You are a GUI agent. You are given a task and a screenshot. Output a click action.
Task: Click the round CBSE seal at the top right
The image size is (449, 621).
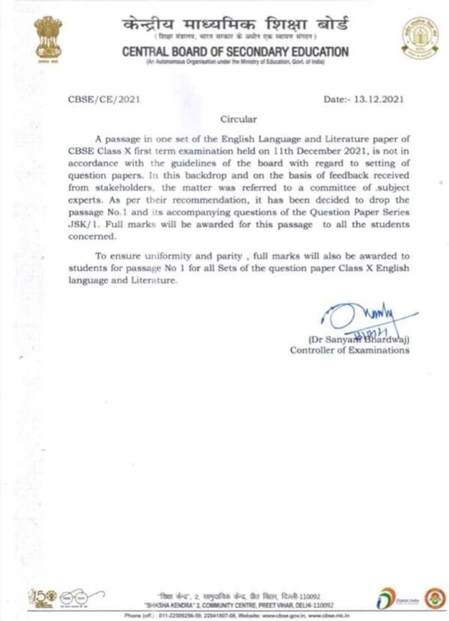pos(420,38)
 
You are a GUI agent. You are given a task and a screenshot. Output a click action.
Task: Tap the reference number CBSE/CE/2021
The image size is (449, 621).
pos(104,100)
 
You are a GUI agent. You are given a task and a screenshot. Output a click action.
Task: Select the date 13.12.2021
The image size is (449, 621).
pos(379,99)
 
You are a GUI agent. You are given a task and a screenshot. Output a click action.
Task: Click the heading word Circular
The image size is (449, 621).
pos(239,120)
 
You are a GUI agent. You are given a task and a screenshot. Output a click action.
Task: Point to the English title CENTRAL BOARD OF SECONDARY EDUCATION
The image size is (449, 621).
pos(235,52)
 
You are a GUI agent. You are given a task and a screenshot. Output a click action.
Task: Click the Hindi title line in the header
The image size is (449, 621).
pos(235,25)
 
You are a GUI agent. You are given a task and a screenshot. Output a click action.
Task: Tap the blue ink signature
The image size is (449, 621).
pos(365,317)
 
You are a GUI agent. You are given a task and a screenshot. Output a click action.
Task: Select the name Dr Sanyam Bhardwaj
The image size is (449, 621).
pos(358,339)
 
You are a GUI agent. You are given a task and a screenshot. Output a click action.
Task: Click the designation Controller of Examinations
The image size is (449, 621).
pos(349,350)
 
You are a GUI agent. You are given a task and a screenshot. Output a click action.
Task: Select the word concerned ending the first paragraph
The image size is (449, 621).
pos(92,237)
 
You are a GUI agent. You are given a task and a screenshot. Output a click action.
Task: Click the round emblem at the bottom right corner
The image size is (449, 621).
pos(435,598)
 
